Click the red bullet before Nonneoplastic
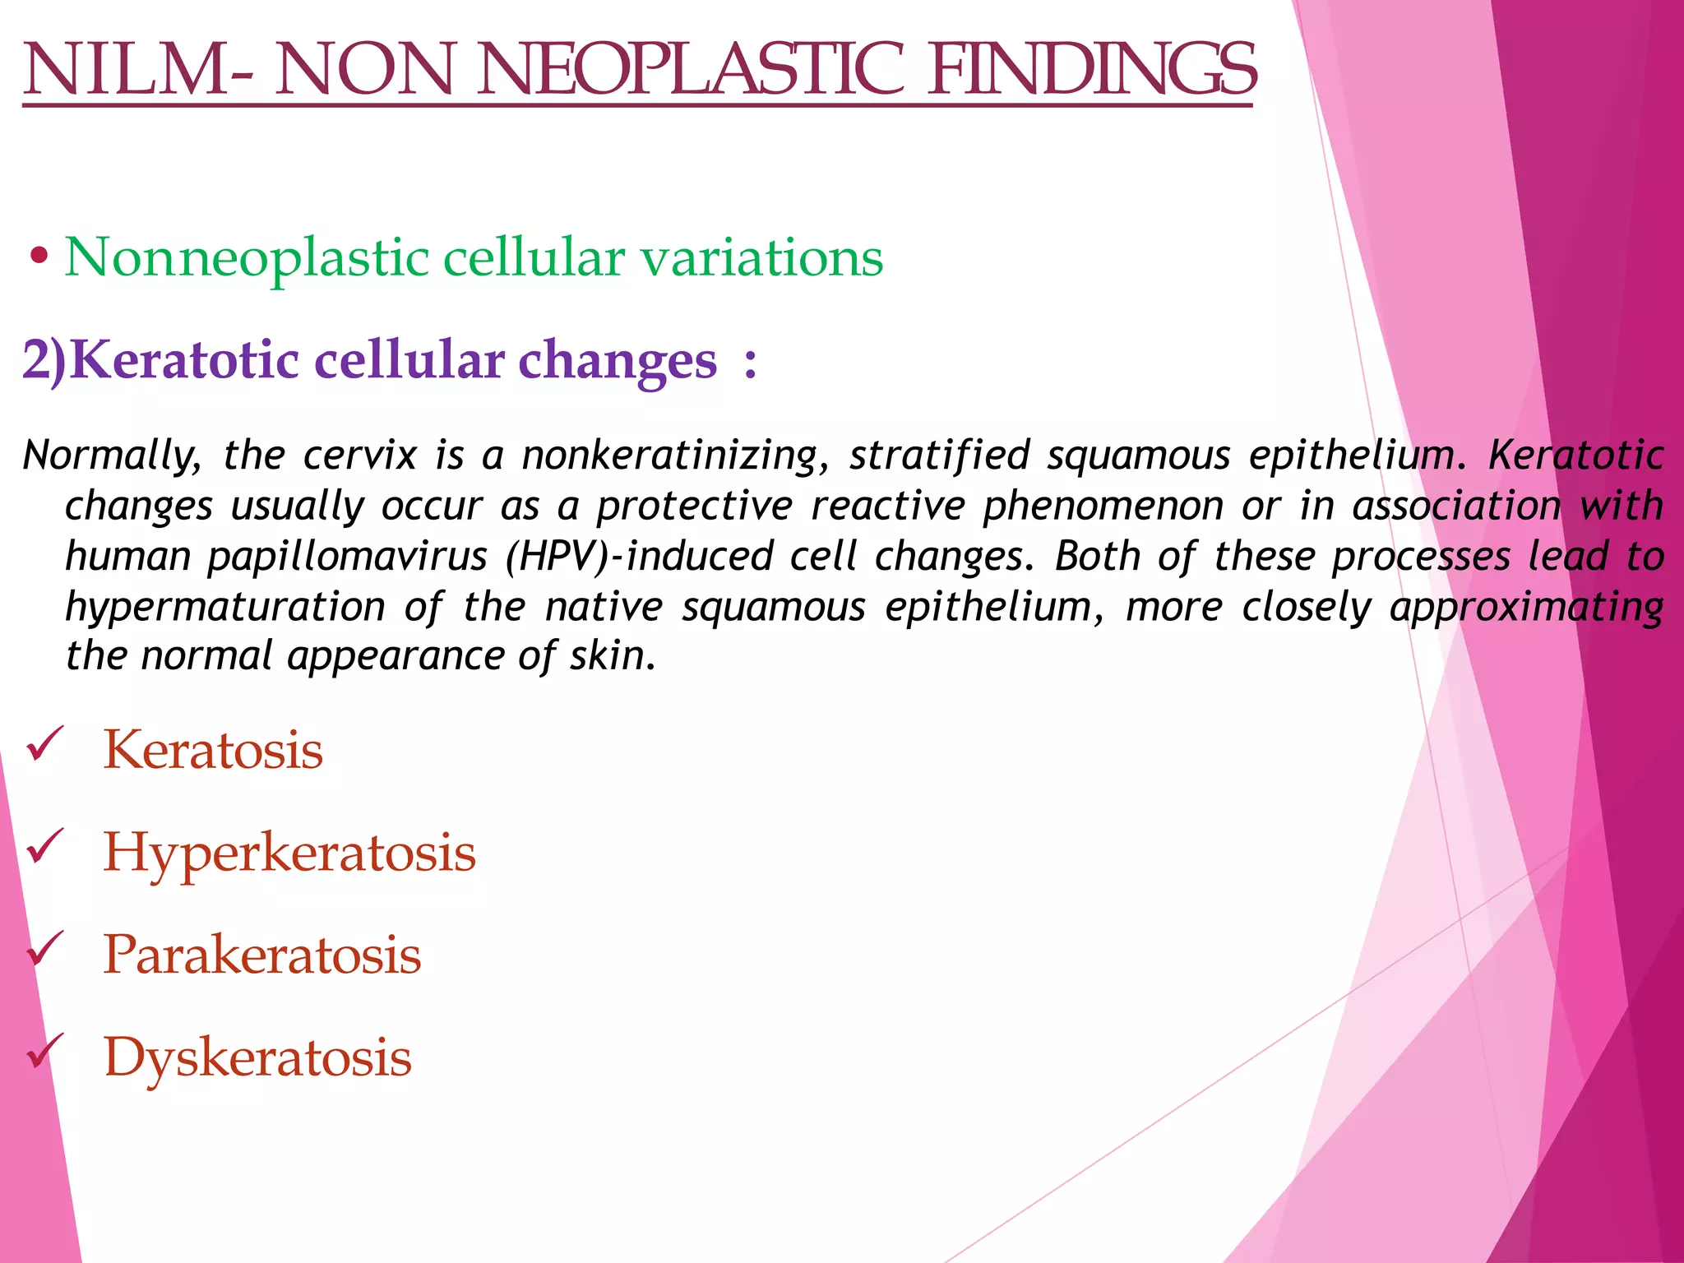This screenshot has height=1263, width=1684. (38, 257)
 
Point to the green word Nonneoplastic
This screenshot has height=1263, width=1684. (247, 257)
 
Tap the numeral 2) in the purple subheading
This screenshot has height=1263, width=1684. (44, 360)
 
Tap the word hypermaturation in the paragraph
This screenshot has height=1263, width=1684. (225, 607)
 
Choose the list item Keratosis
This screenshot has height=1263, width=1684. (213, 750)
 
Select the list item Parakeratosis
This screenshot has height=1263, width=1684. (262, 955)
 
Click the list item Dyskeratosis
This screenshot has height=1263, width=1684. (257, 1057)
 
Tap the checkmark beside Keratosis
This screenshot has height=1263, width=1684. (45, 745)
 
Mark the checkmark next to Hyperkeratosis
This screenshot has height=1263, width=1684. (45, 847)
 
